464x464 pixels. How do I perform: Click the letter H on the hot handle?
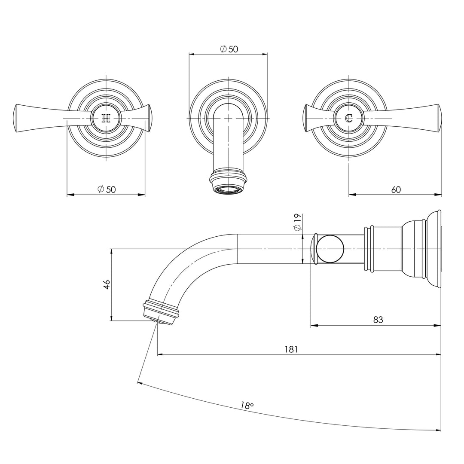point(106,118)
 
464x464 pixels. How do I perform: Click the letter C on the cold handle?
point(349,118)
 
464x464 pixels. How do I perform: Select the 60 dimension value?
point(396,189)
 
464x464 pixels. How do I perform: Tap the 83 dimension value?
point(378,320)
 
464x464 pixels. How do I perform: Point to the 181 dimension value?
point(291,349)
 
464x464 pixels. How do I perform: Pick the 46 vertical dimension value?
point(107,284)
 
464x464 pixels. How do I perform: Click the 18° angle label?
point(247,405)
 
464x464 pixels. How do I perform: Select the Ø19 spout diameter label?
point(297,223)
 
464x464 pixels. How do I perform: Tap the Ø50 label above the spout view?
point(229,49)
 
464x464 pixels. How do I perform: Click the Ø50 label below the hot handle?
point(107,189)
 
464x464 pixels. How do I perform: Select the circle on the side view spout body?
point(331,249)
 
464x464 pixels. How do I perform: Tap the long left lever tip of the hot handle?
point(18,118)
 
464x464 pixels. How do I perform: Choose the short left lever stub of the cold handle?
point(308,118)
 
